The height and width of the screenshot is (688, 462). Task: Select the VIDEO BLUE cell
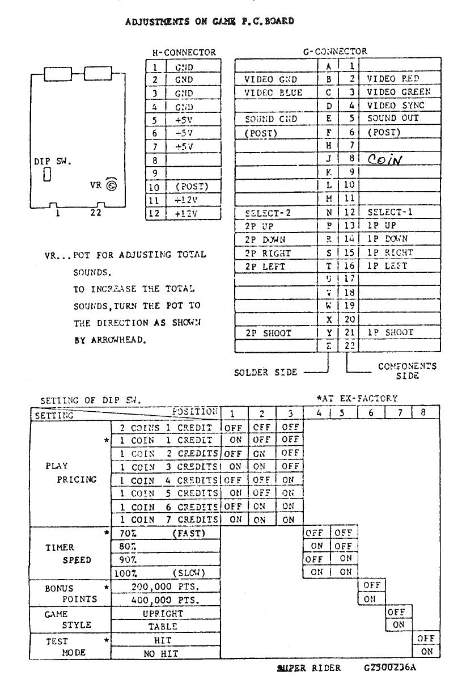273,92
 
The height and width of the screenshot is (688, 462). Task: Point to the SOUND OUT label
393,119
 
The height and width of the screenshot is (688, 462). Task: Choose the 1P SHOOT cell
391,333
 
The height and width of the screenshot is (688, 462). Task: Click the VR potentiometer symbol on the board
111,186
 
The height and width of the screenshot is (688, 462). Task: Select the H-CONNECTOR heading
184,52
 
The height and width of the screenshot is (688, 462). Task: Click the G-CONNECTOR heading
334,52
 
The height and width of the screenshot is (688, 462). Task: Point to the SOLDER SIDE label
265,373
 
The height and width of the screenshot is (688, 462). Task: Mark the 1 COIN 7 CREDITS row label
168,519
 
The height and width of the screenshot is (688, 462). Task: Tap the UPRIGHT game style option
165,613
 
